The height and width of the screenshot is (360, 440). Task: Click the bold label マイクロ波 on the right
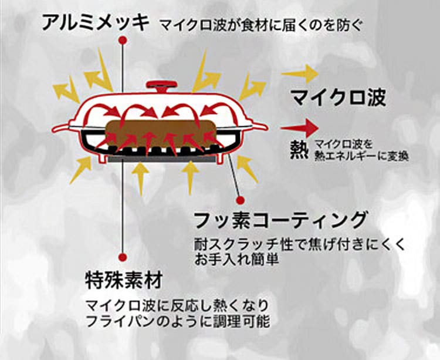pyautogui.click(x=339, y=97)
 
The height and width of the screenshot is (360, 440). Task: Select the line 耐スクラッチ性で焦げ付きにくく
pyautogui.click(x=299, y=244)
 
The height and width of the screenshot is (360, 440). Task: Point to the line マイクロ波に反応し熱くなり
pyautogui.click(x=176, y=305)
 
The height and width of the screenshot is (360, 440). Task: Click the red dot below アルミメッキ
pyautogui.click(x=123, y=40)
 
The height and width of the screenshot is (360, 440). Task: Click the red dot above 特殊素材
pyautogui.click(x=122, y=257)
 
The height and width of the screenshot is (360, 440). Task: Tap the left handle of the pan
pyautogui.click(x=61, y=127)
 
